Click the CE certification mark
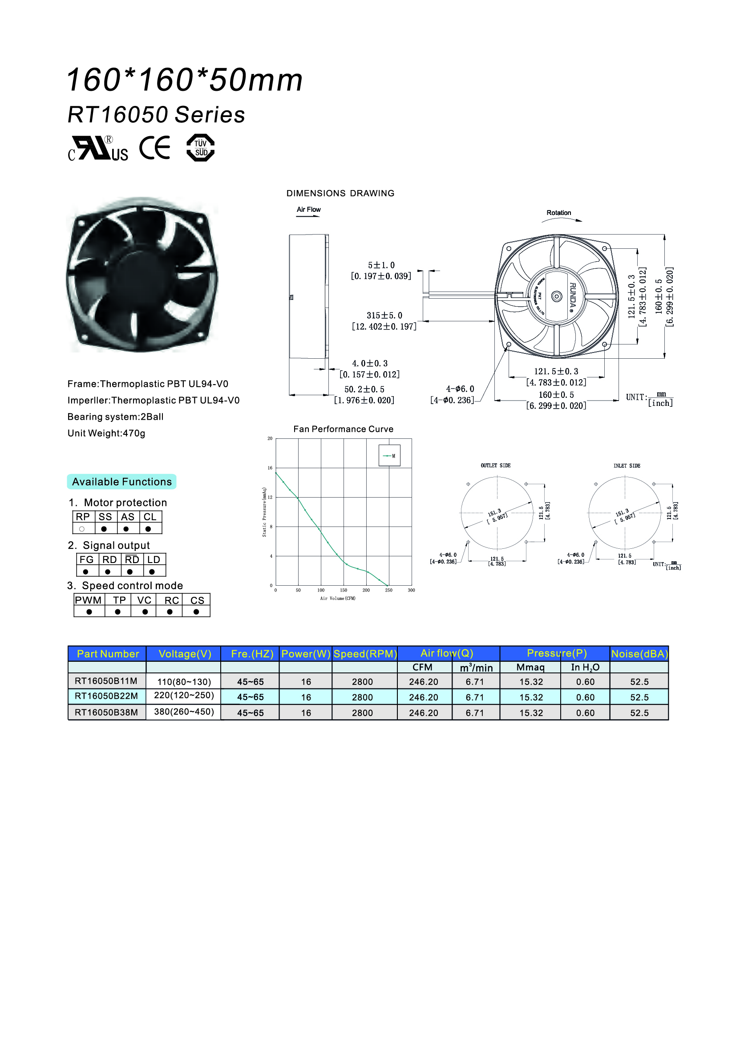(154, 148)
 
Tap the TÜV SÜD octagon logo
(200, 148)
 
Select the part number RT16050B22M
(106, 696)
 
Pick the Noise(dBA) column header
(639, 654)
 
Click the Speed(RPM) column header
(365, 654)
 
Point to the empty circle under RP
(82, 529)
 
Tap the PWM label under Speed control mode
(89, 600)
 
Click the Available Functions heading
(121, 482)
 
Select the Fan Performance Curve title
(343, 429)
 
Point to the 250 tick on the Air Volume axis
(388, 590)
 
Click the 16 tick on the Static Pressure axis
(270, 468)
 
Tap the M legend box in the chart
(389, 456)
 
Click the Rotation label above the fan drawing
(558, 213)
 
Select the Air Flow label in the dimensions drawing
(309, 210)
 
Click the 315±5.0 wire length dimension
(384, 316)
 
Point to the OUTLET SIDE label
(495, 466)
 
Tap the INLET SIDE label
(627, 466)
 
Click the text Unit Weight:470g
(106, 433)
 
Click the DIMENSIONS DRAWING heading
(340, 193)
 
